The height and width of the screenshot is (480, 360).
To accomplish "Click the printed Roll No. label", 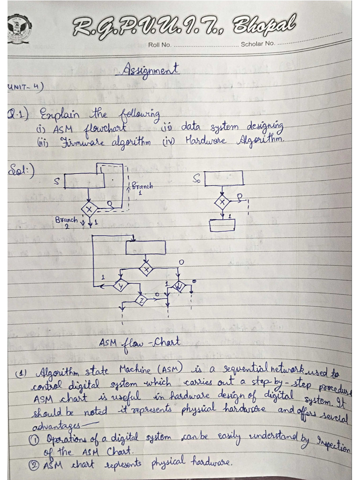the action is [159, 45].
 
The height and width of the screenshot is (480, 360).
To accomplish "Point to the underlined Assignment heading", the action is [150, 70].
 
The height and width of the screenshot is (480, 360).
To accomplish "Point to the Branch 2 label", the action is [66, 221].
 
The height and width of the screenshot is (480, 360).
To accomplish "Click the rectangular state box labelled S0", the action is [224, 178].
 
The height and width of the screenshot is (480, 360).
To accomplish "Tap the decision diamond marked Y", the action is [120, 285].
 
